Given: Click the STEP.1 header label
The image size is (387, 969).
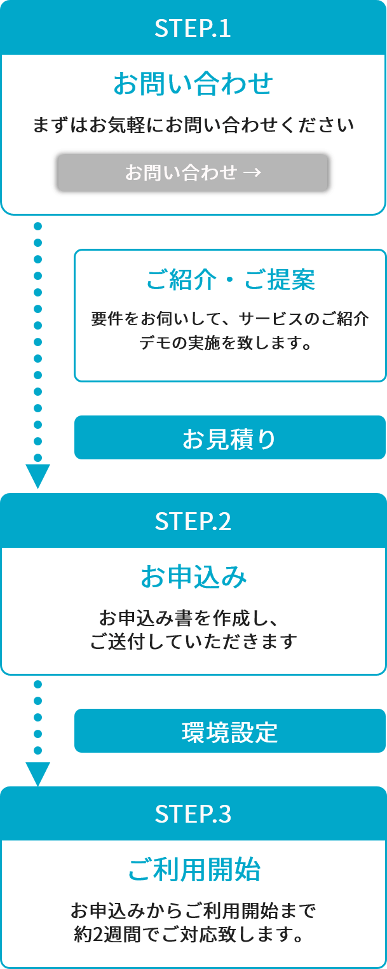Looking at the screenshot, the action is click(193, 28).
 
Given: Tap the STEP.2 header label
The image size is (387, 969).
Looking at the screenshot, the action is click(193, 521).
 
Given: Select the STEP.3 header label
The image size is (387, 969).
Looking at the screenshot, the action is click(193, 814).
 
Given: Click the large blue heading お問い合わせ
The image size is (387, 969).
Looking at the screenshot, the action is click(193, 83).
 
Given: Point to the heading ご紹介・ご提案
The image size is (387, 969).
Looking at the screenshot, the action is click(230, 279).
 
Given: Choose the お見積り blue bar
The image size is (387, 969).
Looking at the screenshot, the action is click(230, 437).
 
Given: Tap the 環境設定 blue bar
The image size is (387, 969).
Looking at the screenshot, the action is click(230, 730).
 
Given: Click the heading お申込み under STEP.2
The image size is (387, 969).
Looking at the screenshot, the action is click(193, 576).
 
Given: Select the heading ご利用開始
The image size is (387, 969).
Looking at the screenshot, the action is click(194, 870).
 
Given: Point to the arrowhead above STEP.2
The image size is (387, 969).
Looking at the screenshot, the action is click(38, 476).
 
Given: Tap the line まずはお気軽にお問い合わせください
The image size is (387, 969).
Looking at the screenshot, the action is click(193, 125).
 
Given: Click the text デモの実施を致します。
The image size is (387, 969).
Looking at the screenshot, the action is click(226, 342).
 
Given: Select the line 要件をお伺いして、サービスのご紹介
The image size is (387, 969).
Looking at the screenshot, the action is click(230, 319).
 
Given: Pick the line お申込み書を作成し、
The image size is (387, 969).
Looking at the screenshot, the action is click(188, 618).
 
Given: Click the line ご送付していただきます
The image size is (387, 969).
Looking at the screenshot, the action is click(193, 641).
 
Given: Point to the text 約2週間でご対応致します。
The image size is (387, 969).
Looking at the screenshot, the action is click(189, 935).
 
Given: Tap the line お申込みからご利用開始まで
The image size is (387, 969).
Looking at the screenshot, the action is click(193, 910).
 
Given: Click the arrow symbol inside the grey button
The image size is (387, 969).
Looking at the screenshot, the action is click(252, 172).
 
